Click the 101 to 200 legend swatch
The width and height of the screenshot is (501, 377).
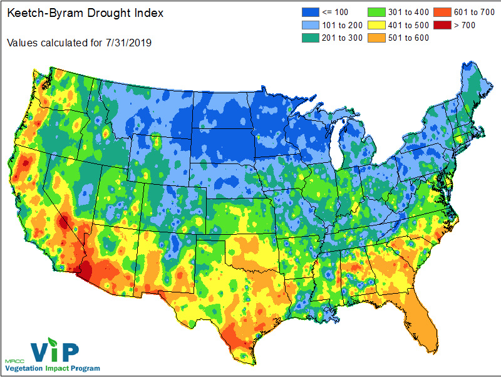(x=307, y=26)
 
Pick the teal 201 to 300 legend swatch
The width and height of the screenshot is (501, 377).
(x=307, y=38)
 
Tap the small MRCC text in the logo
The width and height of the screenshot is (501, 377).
(x=13, y=362)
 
